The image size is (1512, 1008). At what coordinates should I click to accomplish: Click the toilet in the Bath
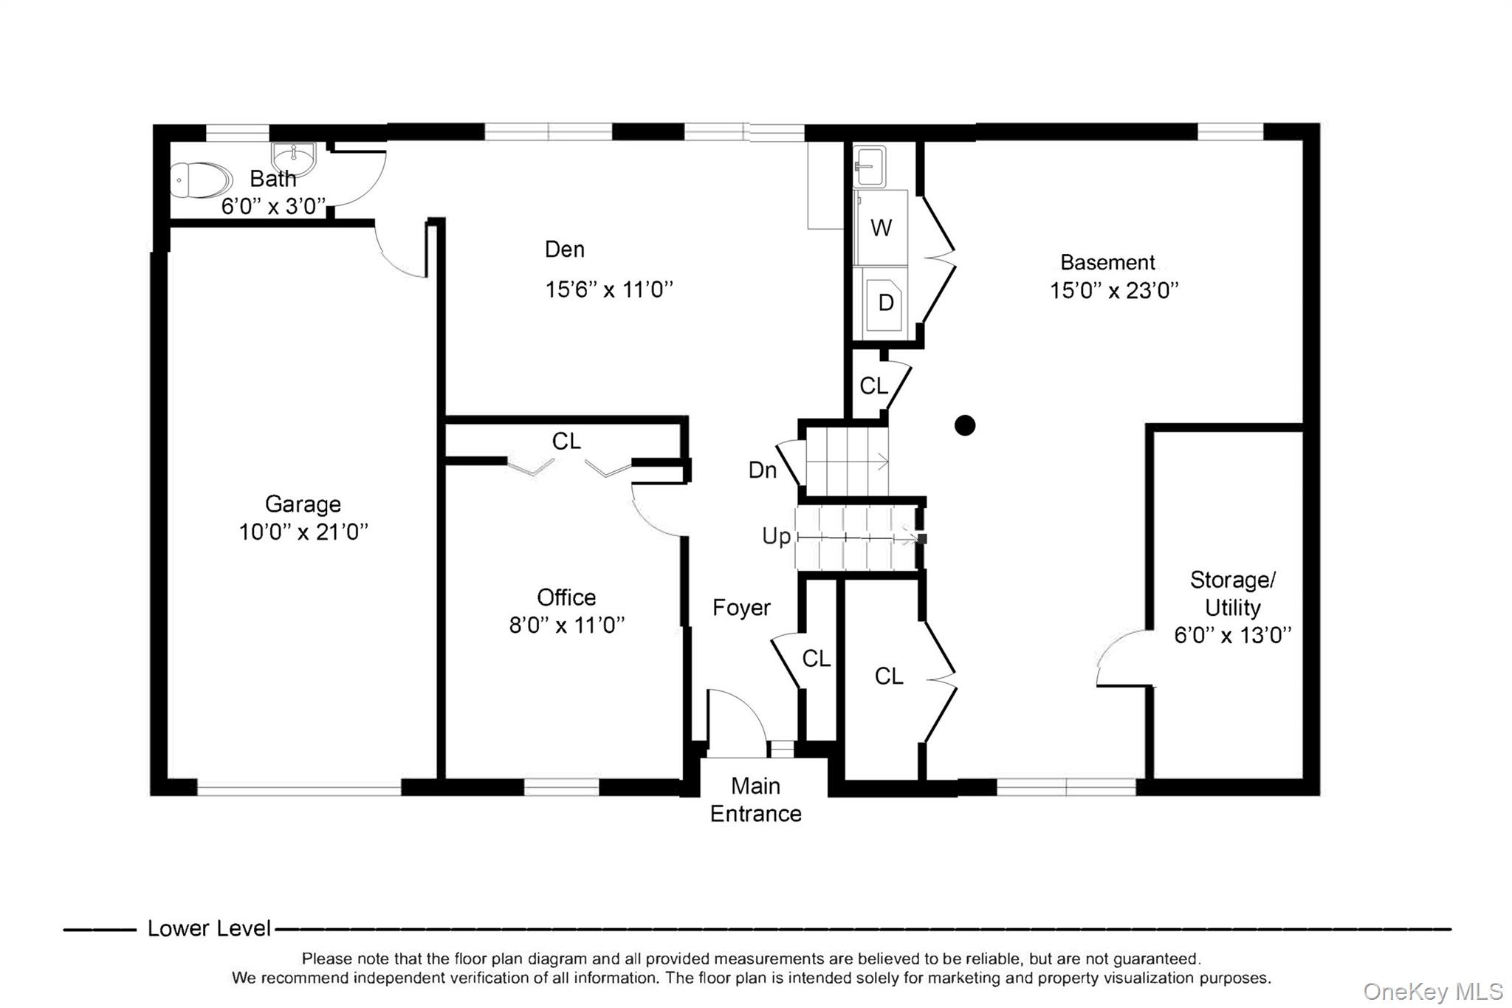tap(201, 180)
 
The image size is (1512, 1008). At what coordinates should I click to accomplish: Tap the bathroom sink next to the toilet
tap(294, 157)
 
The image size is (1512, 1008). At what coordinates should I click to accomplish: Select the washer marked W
tap(881, 227)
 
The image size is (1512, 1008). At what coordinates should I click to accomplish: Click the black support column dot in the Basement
tap(965, 425)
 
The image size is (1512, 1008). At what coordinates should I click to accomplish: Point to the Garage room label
tap(303, 504)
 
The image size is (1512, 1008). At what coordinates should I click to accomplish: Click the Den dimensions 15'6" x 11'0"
tap(609, 289)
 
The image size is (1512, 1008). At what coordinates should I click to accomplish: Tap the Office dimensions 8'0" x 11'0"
tap(567, 625)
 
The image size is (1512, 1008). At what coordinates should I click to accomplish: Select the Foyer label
tap(741, 608)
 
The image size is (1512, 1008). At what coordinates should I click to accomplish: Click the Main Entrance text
tap(756, 800)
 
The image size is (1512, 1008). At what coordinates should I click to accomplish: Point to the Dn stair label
tap(763, 470)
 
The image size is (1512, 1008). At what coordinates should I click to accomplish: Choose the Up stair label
tap(777, 536)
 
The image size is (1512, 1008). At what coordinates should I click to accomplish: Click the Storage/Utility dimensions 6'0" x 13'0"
tap(1233, 635)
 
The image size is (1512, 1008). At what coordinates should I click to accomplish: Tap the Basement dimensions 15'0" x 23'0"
tap(1114, 290)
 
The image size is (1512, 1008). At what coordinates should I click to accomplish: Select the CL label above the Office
tap(566, 441)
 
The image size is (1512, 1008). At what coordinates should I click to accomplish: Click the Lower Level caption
tap(209, 928)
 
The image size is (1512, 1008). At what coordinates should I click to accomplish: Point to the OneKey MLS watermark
tap(1433, 991)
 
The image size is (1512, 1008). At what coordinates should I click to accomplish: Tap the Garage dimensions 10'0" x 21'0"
tap(303, 532)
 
